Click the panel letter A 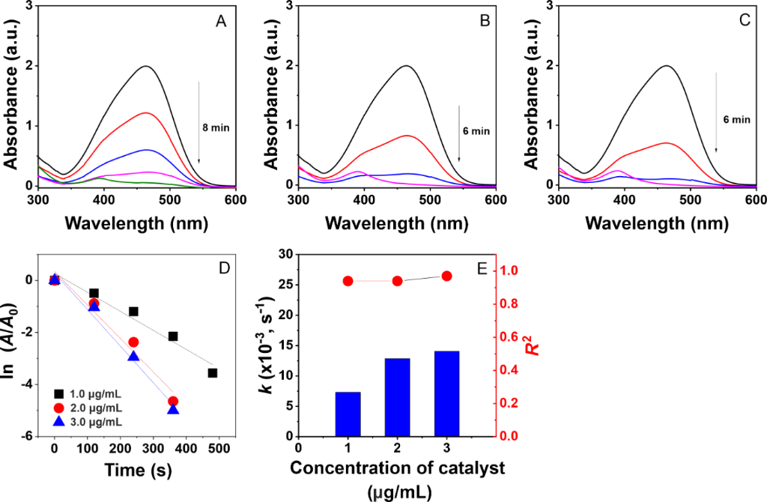[221, 22]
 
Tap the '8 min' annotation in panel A [217, 127]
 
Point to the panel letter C [744, 21]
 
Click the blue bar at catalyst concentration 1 [348, 414]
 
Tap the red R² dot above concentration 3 [446, 276]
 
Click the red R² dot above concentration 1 [348, 281]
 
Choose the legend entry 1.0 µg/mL [89, 393]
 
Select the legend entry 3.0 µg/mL [89, 422]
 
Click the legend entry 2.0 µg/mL [89, 408]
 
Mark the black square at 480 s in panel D [213, 372]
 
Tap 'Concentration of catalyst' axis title [396, 470]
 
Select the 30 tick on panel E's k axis [285, 255]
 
